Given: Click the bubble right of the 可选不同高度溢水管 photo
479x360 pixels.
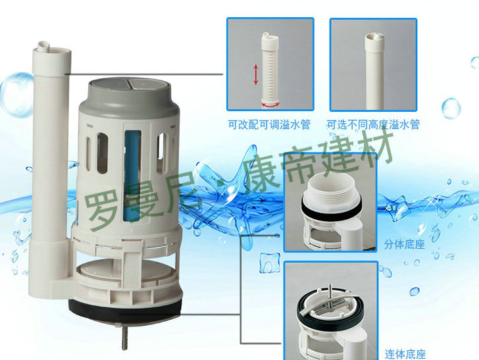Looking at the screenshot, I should pyautogui.click(x=451, y=108).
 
